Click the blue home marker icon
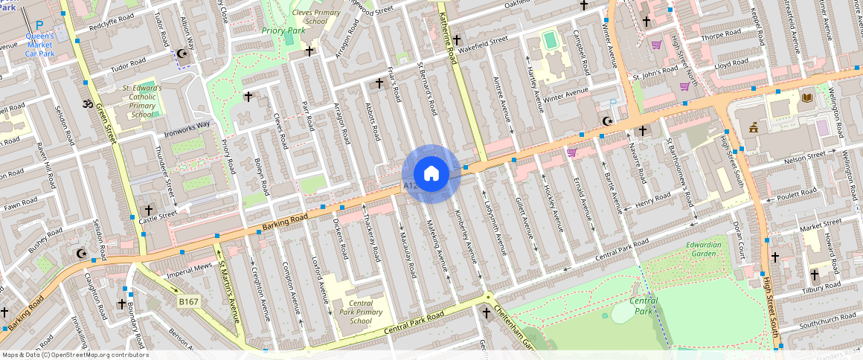431,174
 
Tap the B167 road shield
188,301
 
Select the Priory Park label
283,31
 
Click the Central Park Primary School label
360,312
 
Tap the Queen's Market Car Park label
40,45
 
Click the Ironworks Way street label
187,129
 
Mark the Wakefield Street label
482,45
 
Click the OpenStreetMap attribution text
76,355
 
